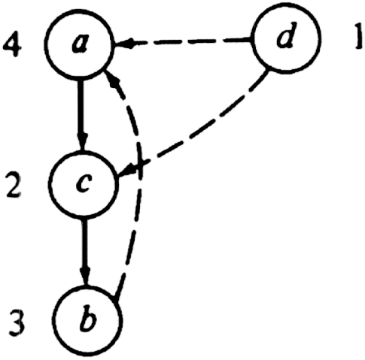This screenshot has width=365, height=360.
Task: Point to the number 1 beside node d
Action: coord(358,37)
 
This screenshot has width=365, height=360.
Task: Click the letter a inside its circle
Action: coord(80,44)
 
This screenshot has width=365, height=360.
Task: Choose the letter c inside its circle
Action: coord(83,184)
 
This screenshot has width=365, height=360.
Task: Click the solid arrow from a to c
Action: coord(81,115)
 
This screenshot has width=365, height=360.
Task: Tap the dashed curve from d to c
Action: coord(201,130)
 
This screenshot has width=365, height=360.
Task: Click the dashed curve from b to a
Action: coord(139,175)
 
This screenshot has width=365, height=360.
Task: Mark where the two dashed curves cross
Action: coord(140,163)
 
